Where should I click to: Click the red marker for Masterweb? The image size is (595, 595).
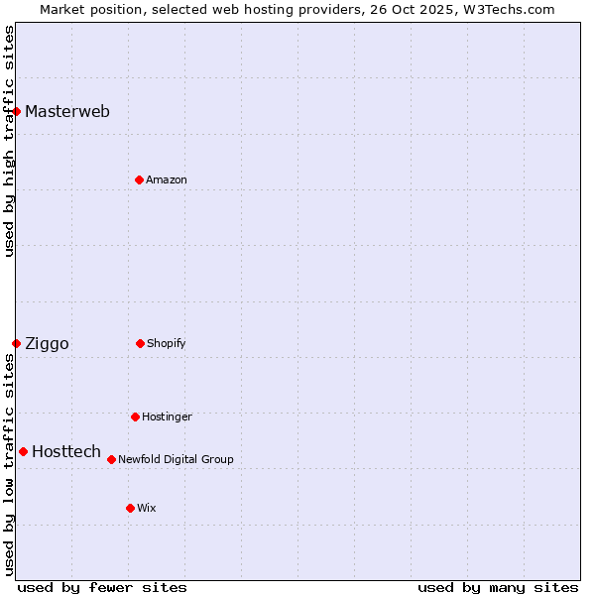(17, 111)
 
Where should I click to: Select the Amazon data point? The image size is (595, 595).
(139, 179)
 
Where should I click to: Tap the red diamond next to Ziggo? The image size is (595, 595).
(16, 343)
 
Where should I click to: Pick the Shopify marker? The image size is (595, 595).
(140, 343)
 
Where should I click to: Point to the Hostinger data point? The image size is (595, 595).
(135, 416)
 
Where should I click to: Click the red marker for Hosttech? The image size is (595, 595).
(23, 451)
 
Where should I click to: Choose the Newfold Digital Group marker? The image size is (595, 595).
(111, 459)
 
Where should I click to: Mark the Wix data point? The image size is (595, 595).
(130, 508)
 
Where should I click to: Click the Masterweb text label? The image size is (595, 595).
(67, 111)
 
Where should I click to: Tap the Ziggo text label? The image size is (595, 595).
(47, 343)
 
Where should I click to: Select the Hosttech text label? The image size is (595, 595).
(66, 451)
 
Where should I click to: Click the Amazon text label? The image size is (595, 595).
(167, 179)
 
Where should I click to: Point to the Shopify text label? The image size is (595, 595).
(167, 343)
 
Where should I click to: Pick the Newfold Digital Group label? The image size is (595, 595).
(176, 459)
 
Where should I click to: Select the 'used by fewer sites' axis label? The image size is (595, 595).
(102, 587)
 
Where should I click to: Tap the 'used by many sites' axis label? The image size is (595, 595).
(498, 587)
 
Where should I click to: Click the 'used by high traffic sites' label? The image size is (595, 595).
(9, 141)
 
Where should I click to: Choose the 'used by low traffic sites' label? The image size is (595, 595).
(9, 464)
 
